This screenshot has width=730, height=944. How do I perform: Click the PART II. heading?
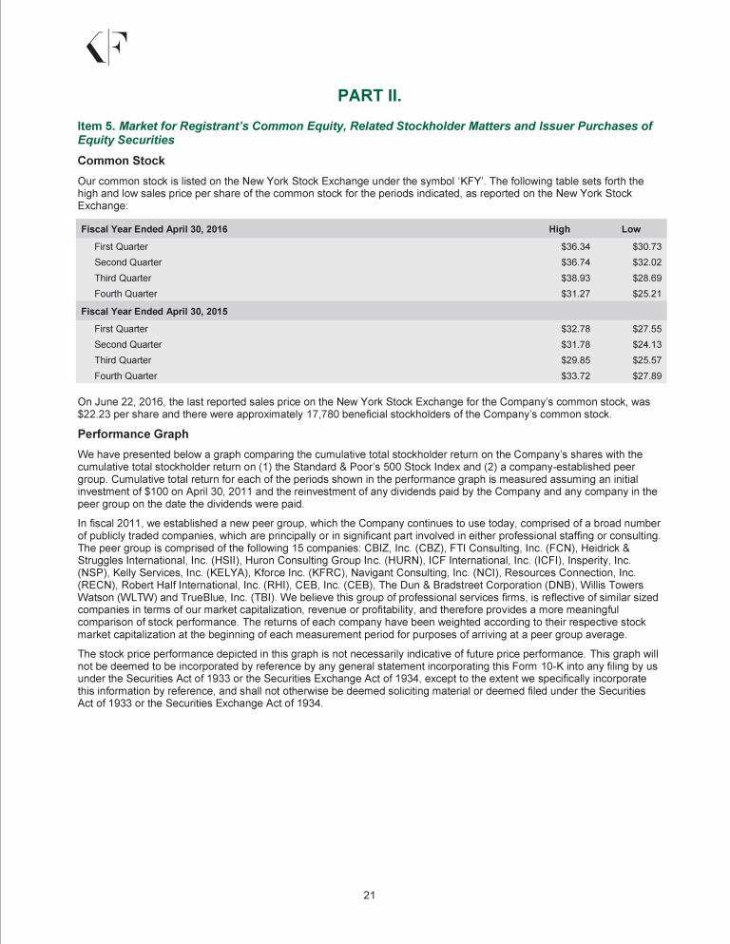tap(373, 96)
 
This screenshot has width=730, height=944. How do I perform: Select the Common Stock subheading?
tap(121, 161)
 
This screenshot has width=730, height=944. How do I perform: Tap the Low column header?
tap(631, 229)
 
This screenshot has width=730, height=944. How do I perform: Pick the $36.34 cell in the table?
tap(575, 246)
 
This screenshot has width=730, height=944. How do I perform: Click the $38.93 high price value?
tap(575, 278)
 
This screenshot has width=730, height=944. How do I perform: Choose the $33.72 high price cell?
tap(575, 376)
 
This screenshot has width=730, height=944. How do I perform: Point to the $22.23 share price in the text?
tap(93, 414)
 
